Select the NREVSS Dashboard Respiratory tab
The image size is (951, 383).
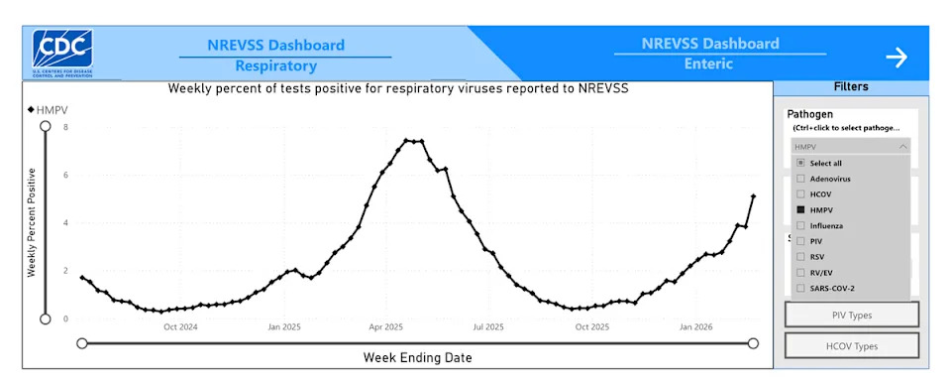click(275, 56)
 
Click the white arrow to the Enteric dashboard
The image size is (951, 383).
click(896, 58)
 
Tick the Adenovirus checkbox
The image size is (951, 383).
click(800, 179)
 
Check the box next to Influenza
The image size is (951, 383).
click(800, 225)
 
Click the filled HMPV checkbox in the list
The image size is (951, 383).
click(800, 209)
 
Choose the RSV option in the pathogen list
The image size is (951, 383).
click(800, 256)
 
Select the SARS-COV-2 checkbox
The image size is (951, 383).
click(800, 288)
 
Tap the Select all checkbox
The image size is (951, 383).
click(800, 163)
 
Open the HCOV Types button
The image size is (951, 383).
click(851, 346)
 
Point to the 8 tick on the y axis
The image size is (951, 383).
click(65, 127)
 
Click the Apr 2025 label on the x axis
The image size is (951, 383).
click(386, 326)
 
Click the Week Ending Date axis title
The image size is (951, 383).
click(417, 357)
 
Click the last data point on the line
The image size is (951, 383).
click(753, 196)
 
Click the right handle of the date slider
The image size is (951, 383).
click(753, 343)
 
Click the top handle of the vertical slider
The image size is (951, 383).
click(45, 126)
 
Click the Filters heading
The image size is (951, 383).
click(851, 86)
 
